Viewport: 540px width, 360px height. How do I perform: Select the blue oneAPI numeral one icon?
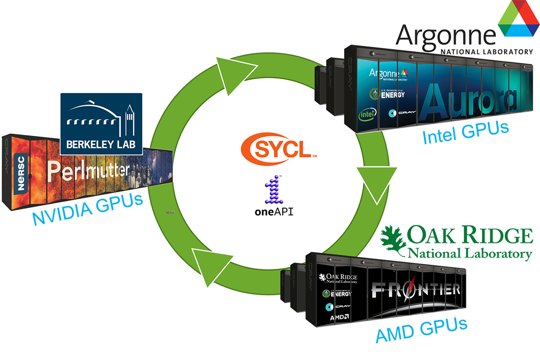[x=273, y=189]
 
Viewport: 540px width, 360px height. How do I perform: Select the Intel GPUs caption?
[x=466, y=132]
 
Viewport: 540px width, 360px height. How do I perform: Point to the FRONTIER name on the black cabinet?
[x=415, y=290]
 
